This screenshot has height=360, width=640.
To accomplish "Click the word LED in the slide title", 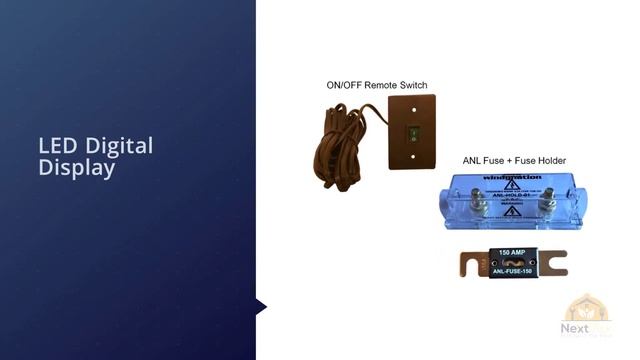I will [56, 146].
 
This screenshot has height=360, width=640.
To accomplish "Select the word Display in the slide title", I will [77, 168].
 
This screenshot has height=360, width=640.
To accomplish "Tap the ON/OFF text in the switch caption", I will [344, 85].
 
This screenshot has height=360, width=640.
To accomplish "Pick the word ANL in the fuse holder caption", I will [473, 160].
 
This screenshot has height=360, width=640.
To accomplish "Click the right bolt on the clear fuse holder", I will [547, 206].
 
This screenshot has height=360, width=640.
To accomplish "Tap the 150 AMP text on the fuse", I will [513, 252].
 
